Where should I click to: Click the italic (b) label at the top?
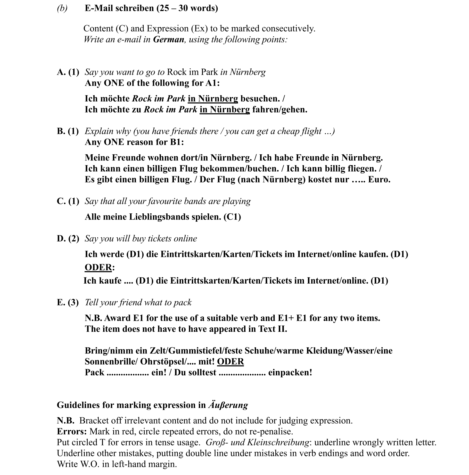click(x=62, y=8)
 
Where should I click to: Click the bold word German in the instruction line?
click(x=169, y=39)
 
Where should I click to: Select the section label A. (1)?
click(x=68, y=72)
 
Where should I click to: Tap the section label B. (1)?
click(x=68, y=131)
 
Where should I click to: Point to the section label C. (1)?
click(x=68, y=201)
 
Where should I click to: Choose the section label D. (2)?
click(x=68, y=238)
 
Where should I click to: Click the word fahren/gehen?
click(x=279, y=110)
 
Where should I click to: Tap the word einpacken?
click(x=290, y=373)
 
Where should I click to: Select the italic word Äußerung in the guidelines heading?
click(x=228, y=405)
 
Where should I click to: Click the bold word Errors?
click(x=72, y=431)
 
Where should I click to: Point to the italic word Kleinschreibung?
click(x=278, y=442)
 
